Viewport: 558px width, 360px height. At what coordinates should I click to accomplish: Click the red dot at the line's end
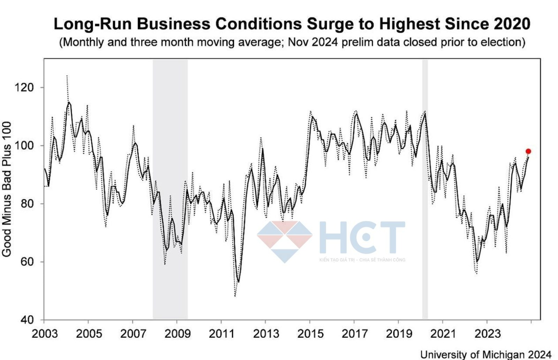[x=528, y=151]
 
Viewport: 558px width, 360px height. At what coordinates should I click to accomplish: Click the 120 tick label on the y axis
[x=24, y=87]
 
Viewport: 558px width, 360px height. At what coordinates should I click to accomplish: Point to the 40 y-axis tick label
[x=27, y=320]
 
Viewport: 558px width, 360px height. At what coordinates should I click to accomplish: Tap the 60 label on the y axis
[x=27, y=262]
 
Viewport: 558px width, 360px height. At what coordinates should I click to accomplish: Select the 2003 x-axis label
[x=44, y=334]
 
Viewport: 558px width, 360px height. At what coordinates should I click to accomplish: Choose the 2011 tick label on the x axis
[x=221, y=334]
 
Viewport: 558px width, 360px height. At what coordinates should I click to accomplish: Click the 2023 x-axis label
[x=487, y=334]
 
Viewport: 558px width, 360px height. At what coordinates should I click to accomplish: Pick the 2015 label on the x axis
[x=310, y=334]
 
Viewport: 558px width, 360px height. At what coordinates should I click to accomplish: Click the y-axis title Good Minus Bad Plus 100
[x=7, y=189]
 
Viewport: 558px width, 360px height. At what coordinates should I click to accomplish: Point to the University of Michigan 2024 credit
[x=485, y=354]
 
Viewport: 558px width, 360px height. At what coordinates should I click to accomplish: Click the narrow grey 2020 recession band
[x=425, y=188]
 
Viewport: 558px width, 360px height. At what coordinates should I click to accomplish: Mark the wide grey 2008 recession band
[x=170, y=188]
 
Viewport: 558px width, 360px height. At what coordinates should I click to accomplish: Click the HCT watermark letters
[x=362, y=237]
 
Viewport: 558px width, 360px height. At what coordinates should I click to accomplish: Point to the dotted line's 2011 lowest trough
[x=235, y=296]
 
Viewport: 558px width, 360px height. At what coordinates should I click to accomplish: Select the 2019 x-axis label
[x=399, y=334]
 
